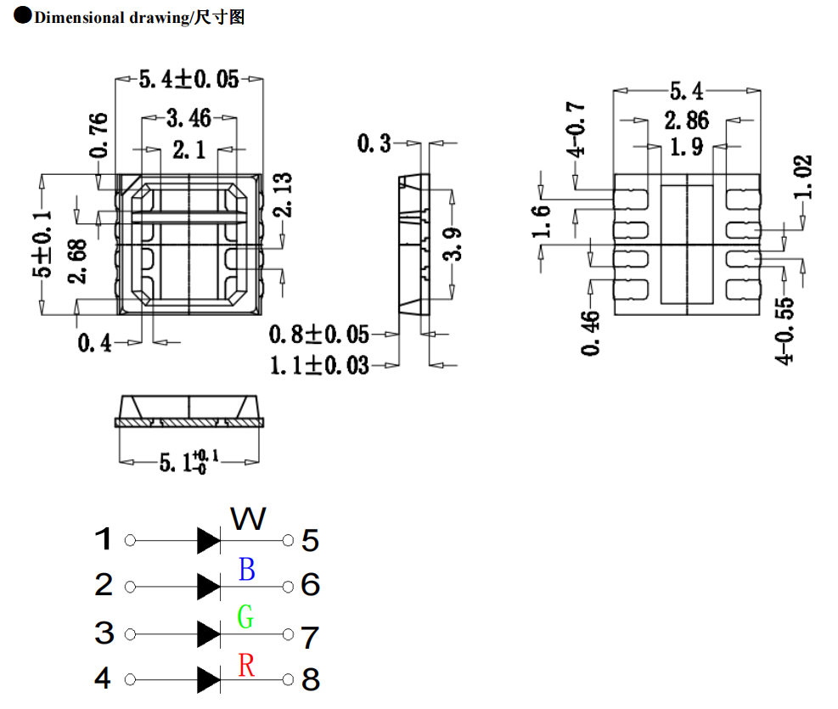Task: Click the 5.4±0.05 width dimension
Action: pos(188,80)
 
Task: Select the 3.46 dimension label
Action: pos(188,117)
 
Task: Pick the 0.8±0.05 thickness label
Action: pos(319,333)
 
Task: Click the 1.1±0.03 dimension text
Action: pos(319,366)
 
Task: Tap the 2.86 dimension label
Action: pos(686,120)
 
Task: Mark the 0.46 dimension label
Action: pos(592,333)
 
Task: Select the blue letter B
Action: pos(246,569)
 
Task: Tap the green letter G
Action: pos(245,616)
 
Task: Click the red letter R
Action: pos(246,665)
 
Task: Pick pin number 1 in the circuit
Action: pos(103,539)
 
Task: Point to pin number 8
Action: pos(311,679)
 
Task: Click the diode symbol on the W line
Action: pos(209,540)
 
